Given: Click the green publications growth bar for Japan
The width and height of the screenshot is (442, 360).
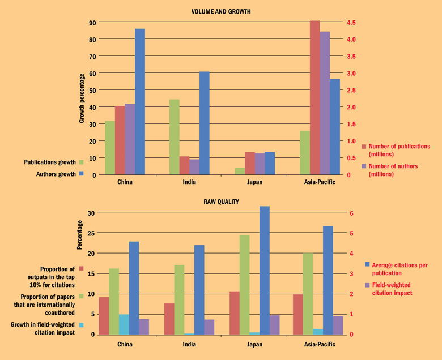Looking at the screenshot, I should pos(240,171).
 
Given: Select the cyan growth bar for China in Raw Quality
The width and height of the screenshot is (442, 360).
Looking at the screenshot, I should pos(124,324).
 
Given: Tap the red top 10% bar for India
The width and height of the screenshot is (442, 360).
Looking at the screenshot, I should pos(168,319).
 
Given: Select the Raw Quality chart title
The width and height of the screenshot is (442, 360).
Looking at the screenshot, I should pos(222,202).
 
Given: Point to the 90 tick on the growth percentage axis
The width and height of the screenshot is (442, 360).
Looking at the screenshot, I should pos(92,22).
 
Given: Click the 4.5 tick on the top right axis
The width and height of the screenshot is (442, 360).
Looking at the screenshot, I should pos(352,22).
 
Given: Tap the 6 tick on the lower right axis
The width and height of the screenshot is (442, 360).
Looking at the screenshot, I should pos(352,213).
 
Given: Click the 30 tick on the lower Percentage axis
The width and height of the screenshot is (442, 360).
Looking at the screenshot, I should pos(92,213).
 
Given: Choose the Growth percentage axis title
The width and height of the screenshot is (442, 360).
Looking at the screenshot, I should pos(82,98).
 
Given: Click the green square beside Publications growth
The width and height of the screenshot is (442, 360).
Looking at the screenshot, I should pos(82,162).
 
